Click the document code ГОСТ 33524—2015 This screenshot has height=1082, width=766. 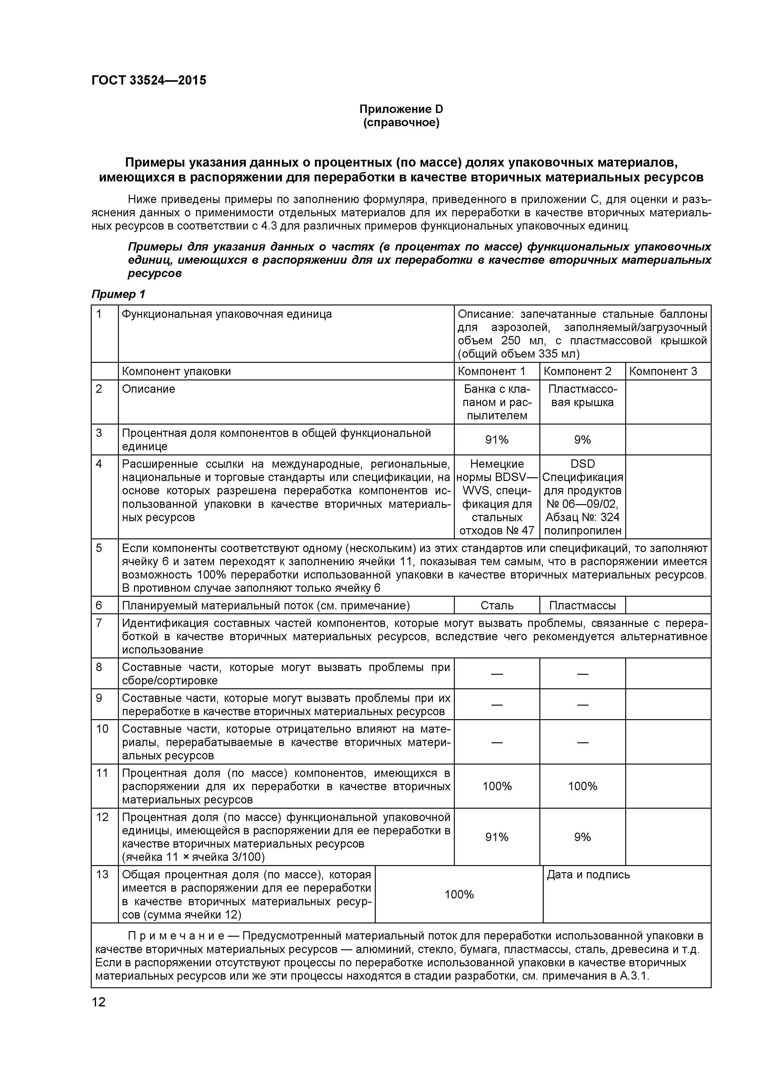[149, 81]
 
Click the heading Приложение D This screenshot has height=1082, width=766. [401, 109]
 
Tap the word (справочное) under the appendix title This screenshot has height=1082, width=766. [401, 123]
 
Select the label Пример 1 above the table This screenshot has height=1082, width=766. [118, 295]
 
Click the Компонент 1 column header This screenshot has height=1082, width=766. [491, 371]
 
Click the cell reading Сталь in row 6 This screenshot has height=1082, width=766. [497, 606]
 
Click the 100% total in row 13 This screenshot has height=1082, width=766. [459, 894]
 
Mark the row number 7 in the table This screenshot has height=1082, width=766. [99, 624]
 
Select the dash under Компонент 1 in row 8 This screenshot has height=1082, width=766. [497, 674]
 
